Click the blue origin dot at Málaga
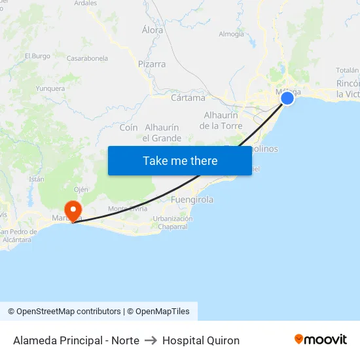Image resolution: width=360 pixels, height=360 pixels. click(x=287, y=98)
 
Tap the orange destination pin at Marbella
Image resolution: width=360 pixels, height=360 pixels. click(x=72, y=211)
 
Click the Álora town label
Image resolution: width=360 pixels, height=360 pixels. click(x=153, y=29)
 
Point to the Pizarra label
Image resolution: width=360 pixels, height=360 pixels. click(x=152, y=64)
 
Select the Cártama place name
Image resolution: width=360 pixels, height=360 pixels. click(x=188, y=98)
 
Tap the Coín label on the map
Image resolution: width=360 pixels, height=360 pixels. click(x=128, y=127)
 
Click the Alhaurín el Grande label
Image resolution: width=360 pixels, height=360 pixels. click(x=162, y=132)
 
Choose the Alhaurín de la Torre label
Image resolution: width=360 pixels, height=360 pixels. click(x=221, y=120)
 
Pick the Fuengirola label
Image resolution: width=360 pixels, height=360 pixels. click(x=192, y=200)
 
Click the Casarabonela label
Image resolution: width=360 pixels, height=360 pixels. click(x=87, y=58)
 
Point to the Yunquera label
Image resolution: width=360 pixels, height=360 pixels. click(x=50, y=88)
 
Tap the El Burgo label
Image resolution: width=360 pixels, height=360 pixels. click(x=37, y=56)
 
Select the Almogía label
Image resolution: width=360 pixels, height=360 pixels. click(x=231, y=34)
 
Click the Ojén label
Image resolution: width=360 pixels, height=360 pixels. click(x=81, y=189)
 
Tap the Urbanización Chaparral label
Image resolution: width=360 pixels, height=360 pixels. click(x=173, y=223)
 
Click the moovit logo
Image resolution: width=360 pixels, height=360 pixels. click(x=321, y=340)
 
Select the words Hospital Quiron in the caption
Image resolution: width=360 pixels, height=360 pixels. click(x=201, y=340)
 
